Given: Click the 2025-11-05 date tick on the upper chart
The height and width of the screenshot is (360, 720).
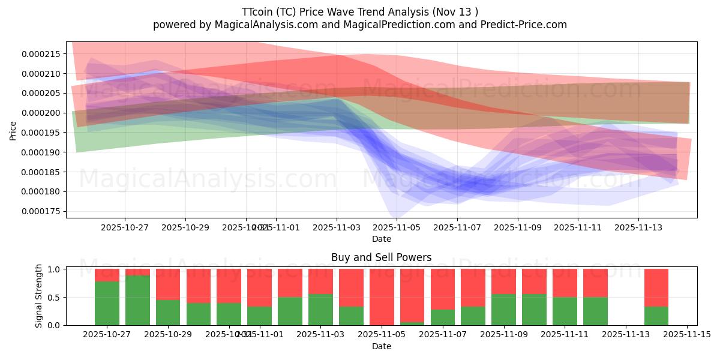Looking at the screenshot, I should (397, 227).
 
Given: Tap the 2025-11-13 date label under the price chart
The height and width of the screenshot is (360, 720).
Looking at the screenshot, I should (638, 227).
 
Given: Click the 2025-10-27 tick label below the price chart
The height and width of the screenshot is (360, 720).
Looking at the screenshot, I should (125, 227).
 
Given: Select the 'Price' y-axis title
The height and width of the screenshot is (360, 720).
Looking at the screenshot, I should (13, 130).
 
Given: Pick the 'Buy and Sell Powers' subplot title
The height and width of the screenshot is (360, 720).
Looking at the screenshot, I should (381, 257).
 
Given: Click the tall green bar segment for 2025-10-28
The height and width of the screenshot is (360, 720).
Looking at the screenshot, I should (137, 300).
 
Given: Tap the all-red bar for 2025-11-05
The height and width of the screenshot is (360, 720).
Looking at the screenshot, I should (382, 296).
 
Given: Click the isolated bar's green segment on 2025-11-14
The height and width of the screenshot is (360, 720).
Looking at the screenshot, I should (656, 316).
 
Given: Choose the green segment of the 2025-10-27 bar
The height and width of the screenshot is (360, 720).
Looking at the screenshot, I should (107, 303).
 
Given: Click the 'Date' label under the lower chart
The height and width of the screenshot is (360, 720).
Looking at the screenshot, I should (381, 346).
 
